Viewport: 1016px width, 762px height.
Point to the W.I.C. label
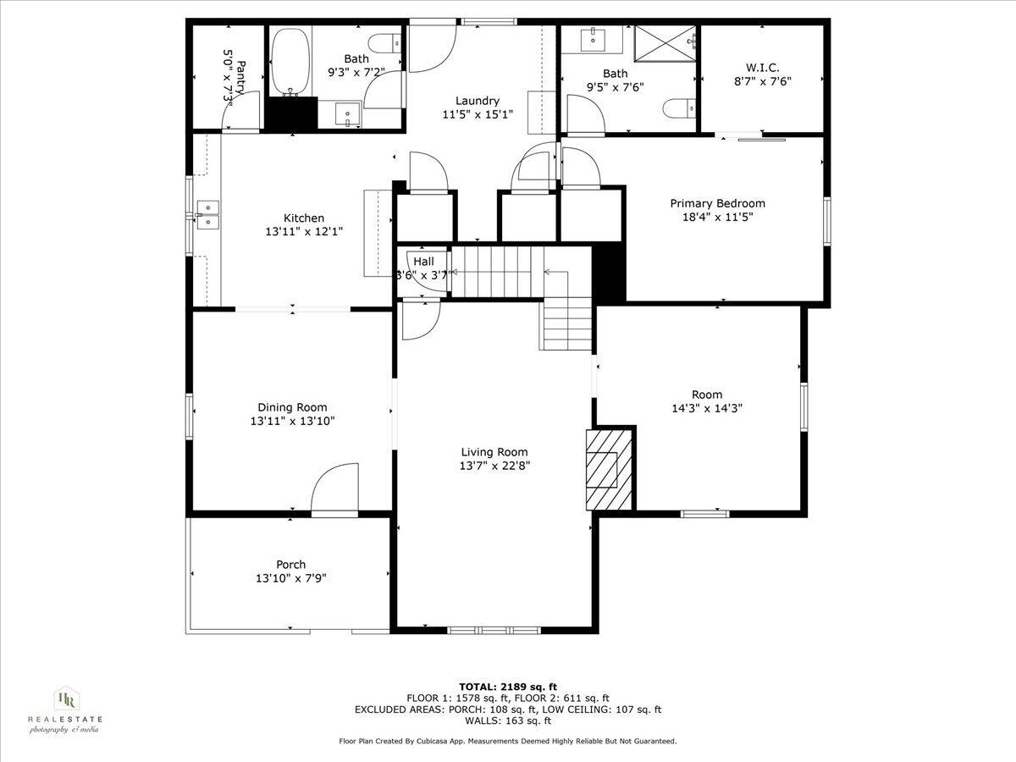pos(762,67)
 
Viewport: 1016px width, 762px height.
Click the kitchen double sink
pos(207,215)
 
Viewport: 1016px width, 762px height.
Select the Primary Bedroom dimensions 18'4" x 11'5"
pos(717,217)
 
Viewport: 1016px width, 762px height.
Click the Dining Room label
pos(292,407)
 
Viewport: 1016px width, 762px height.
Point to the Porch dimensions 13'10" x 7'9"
pos(290,578)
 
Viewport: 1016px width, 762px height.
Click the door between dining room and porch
pos(335,489)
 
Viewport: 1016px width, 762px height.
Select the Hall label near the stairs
pos(423,262)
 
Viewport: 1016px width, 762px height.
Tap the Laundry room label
pos(478,100)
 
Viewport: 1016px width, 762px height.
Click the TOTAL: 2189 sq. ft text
pos(507,687)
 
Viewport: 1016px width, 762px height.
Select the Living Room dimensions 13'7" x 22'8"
pos(494,466)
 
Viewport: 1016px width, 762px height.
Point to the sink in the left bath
pos(347,113)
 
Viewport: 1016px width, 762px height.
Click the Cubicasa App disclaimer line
pos(507,741)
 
